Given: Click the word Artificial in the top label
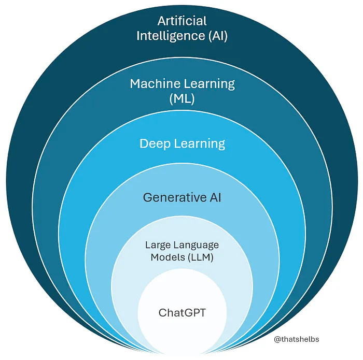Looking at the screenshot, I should click(x=182, y=21).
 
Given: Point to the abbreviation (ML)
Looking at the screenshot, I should click(x=182, y=99).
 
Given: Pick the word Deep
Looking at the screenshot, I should click(x=153, y=143).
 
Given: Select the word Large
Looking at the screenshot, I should click(x=157, y=244).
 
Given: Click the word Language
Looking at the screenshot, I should click(x=196, y=244).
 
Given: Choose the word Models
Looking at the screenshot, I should click(x=165, y=257).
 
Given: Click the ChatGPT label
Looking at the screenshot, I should click(x=182, y=313).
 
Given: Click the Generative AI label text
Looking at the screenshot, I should click(x=182, y=197).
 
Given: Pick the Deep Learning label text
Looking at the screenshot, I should click(x=182, y=143).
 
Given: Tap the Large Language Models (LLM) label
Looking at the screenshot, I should click(x=182, y=251).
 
